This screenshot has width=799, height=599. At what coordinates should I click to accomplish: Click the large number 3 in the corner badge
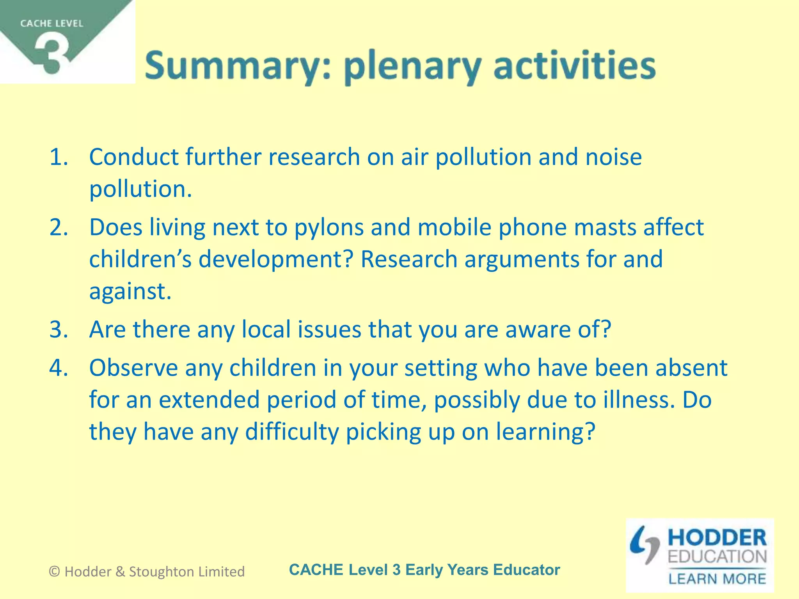tap(53, 55)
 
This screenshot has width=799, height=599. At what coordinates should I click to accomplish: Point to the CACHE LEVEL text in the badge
tap(51, 23)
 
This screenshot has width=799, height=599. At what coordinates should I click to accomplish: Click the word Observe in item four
tap(133, 368)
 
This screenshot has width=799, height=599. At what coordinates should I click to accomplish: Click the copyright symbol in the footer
tap(55, 572)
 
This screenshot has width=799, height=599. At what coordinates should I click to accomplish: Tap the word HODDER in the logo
tap(717, 538)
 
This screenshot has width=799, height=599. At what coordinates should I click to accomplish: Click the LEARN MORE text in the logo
tap(717, 579)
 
